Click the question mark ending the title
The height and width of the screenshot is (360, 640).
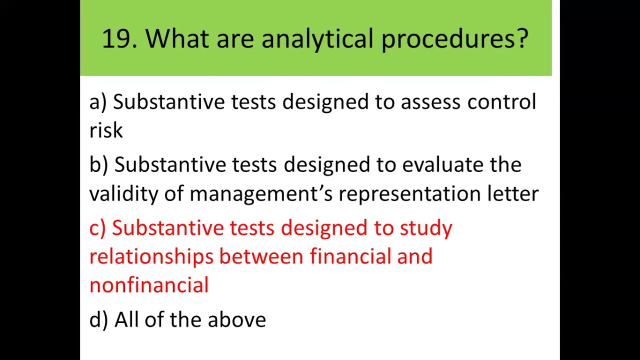[x=522, y=38]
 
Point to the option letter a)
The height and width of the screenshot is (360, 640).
[x=98, y=102]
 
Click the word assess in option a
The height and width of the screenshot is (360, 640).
[x=430, y=102]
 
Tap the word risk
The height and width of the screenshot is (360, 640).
[x=105, y=130]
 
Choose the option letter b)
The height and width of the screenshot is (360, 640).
[x=98, y=165]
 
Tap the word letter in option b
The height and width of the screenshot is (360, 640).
[x=513, y=193]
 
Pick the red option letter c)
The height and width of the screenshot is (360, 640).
[x=97, y=228]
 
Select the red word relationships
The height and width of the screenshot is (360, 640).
[x=151, y=257]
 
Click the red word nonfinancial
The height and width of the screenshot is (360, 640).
[x=148, y=285]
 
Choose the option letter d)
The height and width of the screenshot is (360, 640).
[x=98, y=319]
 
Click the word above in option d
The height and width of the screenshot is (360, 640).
[x=236, y=319]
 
